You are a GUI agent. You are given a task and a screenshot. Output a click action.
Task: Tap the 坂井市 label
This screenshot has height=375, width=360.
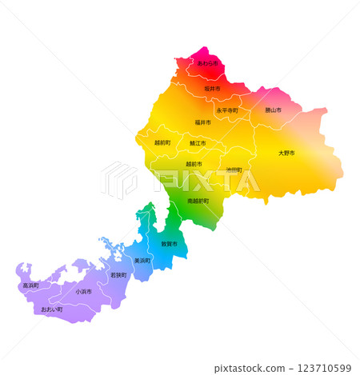coord(212,88)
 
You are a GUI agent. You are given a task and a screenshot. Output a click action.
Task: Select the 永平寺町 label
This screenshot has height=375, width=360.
coord(227,110)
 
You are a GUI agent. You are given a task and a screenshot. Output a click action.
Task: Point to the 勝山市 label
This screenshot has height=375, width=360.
coord(272,110)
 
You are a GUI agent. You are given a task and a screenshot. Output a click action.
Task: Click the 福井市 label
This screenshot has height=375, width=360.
coord(203,123)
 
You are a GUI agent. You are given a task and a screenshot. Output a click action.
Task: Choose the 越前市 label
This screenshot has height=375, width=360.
coord(194,164)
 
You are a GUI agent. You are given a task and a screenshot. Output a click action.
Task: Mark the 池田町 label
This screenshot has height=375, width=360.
coord(234,170)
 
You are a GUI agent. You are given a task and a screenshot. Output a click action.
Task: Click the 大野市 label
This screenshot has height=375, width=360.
coord(286,153)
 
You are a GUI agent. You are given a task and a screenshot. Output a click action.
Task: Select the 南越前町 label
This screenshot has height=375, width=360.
coord(198,201)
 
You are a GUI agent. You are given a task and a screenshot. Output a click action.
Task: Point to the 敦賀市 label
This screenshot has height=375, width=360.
coord(170,244)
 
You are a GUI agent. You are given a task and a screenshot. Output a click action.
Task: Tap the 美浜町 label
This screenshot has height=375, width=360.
coord(142,261)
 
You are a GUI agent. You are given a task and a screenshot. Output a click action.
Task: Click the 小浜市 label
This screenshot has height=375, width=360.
coord(83,292)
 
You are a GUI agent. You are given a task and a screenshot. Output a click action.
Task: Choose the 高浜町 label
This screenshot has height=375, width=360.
coord(30,285)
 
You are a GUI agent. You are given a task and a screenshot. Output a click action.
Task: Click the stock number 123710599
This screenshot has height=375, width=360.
coord(318,368)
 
